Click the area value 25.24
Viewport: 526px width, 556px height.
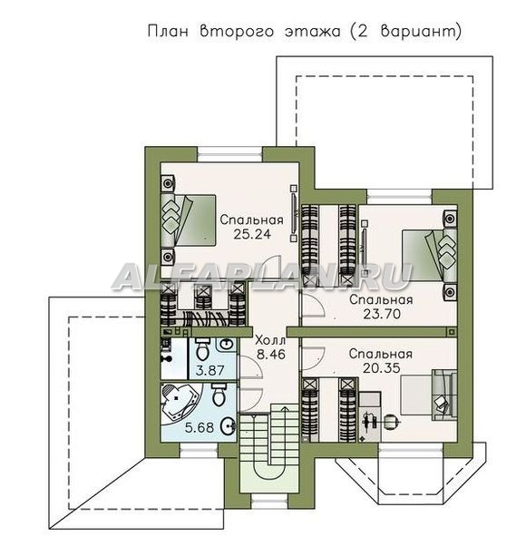251,234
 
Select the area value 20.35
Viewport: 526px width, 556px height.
381,367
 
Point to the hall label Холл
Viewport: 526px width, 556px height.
270,341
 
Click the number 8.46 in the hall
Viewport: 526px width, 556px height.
271,355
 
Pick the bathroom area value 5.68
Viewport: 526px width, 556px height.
200,427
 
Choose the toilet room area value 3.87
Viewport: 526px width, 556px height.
210,371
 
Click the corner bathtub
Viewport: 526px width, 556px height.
180,404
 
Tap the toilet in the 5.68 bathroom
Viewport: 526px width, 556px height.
219,395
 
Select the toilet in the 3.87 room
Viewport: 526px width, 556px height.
203,349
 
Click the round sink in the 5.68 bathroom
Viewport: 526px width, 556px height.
228,426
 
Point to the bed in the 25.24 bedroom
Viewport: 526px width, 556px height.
189,219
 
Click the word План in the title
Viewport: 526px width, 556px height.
168,31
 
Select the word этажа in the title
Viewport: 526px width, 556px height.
312,32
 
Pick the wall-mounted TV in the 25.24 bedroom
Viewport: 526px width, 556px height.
294,213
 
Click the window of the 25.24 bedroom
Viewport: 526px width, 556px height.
229,155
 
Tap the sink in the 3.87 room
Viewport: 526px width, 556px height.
226,345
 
